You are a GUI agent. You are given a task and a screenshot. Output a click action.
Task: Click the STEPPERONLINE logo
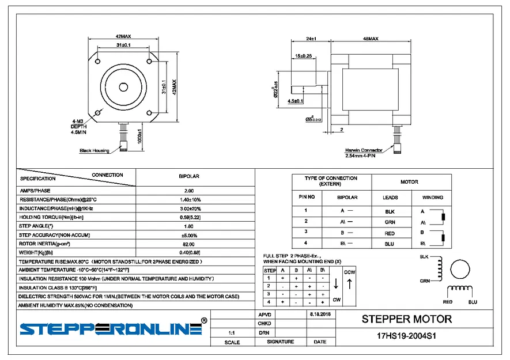pos(111,329)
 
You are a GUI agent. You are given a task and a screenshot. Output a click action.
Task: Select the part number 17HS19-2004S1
pos(406,336)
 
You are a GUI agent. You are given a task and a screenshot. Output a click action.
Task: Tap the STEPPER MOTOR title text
pos(406,319)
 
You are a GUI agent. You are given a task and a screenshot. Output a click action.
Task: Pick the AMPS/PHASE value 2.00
pos(188,190)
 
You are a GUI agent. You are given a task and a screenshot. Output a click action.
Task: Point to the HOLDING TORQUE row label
pos(52,217)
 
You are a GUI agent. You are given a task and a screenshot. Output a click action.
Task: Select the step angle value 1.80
pos(188,226)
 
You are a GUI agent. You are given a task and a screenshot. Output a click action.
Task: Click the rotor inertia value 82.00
pos(188,244)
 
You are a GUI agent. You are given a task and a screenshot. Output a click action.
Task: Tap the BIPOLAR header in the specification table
pos(188,176)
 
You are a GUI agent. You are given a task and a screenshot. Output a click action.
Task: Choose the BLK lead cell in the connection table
pos(390,211)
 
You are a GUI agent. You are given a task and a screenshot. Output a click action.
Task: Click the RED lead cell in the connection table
pos(390,233)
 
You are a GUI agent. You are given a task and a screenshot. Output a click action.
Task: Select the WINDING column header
pos(433,198)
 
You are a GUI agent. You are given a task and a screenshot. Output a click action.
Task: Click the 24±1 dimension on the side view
pos(312,39)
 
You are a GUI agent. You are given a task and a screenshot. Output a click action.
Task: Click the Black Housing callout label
pos(94,151)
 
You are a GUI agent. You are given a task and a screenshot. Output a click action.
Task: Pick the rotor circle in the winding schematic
pos(461,269)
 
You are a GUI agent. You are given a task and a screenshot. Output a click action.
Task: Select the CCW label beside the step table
pos(349,272)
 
